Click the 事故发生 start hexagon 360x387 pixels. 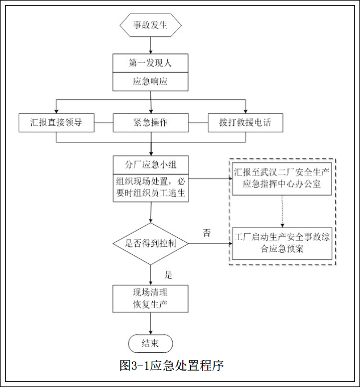[x=150, y=25]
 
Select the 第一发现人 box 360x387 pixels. [x=150, y=63]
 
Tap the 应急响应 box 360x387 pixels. [x=150, y=82]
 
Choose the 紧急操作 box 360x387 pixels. [x=150, y=123]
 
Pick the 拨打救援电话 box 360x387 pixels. [x=245, y=123]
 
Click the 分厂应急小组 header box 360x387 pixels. [x=150, y=165]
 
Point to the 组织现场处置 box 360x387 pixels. [x=150, y=188]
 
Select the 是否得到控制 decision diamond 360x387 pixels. [x=150, y=243]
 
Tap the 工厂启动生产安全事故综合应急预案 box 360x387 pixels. [x=282, y=243]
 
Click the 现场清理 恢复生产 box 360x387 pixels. [x=150, y=298]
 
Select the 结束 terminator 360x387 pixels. [x=150, y=343]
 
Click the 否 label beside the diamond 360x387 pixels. [x=207, y=233]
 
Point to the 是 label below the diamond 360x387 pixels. [x=168, y=275]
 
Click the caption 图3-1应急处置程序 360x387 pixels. [x=171, y=365]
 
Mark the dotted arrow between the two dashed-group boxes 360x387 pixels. [x=282, y=211]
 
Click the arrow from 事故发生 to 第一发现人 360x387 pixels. [x=150, y=44]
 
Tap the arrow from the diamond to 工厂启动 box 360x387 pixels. [x=210, y=243]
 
